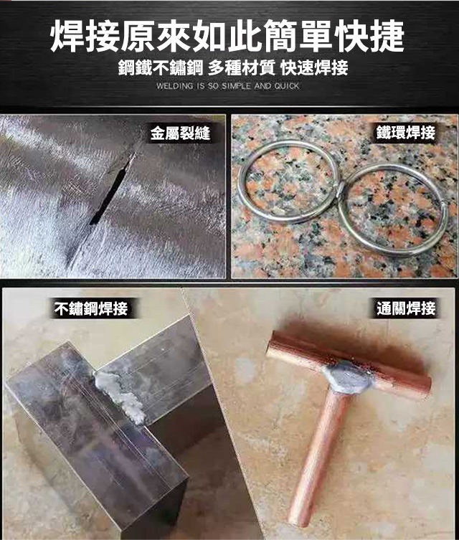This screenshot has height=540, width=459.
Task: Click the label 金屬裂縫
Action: pyautogui.click(x=180, y=133)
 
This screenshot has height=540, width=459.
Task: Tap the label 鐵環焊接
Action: pyautogui.click(x=406, y=133)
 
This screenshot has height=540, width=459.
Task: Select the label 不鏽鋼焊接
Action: pyautogui.click(x=91, y=308)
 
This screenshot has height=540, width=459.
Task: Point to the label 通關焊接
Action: pyautogui.click(x=406, y=308)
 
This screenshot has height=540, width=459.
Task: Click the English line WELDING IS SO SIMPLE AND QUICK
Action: pyautogui.click(x=227, y=86)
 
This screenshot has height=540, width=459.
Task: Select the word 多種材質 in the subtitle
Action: pyautogui.click(x=242, y=67)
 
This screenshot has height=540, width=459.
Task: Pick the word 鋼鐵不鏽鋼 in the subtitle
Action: pyautogui.click(x=161, y=67)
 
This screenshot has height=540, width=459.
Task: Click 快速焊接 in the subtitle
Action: pyautogui.click(x=314, y=67)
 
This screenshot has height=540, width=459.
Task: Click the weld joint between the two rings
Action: pyautogui.click(x=340, y=189)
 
